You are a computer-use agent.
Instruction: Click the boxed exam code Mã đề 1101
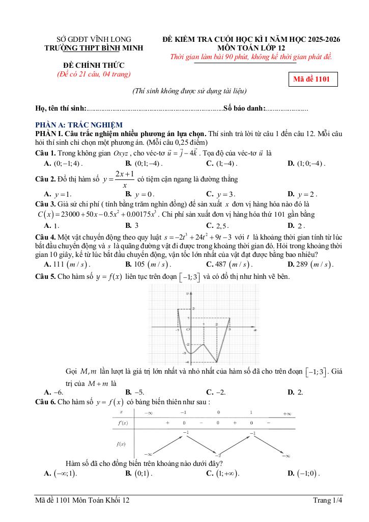312,80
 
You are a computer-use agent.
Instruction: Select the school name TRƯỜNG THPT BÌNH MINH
94,48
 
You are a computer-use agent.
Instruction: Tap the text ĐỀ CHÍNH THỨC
93,65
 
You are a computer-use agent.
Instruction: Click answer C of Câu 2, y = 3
220,194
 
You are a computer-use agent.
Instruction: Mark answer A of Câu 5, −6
54,392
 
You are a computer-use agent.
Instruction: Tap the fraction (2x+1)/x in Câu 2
117,179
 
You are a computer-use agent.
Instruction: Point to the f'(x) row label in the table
123,423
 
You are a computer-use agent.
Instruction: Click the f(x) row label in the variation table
122,444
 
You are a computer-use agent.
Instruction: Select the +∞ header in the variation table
287,413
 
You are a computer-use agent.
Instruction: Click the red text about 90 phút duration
251,57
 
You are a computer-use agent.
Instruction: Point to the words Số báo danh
244,109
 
